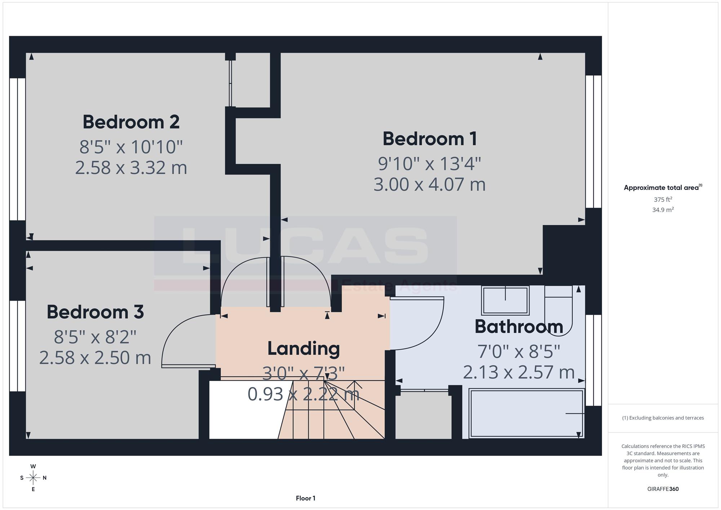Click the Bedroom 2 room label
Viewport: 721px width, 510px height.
(131, 122)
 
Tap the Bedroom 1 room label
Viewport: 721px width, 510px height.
(430, 139)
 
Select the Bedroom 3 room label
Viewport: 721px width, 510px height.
(95, 312)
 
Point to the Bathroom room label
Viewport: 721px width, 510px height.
(519, 327)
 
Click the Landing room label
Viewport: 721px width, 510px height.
(304, 349)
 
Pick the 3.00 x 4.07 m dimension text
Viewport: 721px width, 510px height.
(430, 185)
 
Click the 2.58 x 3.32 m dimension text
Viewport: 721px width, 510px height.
(131, 168)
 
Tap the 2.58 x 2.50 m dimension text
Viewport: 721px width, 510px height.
(95, 358)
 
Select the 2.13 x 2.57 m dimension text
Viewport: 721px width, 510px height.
(519, 372)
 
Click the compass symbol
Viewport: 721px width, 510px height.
(33, 478)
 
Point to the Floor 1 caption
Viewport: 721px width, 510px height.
(306, 498)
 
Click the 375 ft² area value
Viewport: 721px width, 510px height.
(663, 199)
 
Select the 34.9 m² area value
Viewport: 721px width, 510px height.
(663, 209)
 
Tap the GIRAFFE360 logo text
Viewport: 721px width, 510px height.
(663, 489)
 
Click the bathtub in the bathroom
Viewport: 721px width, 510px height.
(526, 413)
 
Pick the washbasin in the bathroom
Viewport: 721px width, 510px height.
(505, 300)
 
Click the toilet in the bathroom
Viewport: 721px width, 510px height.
(558, 310)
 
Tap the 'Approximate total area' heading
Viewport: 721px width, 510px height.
(663, 187)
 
